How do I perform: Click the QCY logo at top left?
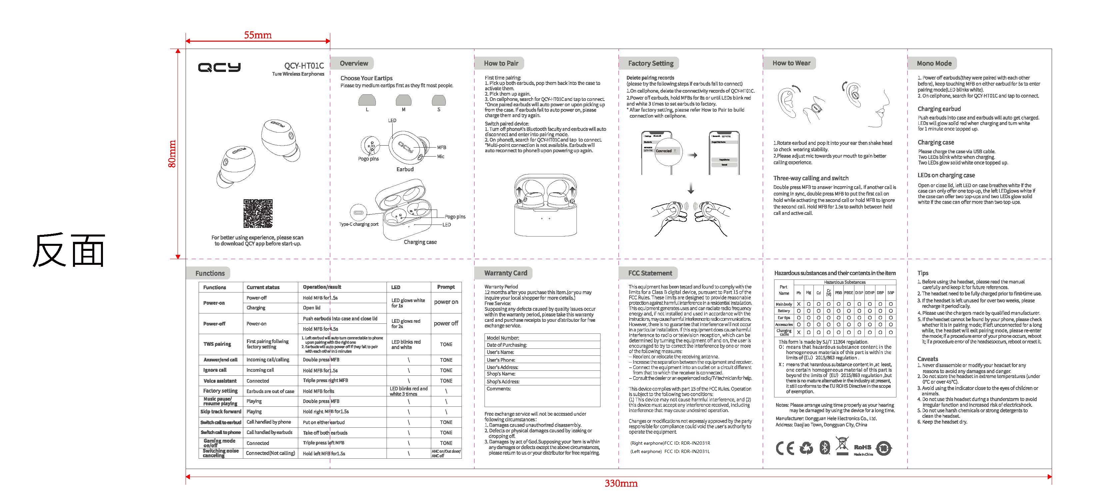click(x=219, y=67)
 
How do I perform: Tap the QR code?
click(x=258, y=214)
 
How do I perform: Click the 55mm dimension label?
click(x=258, y=35)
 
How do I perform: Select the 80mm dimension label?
click(x=172, y=154)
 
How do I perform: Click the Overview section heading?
click(x=354, y=63)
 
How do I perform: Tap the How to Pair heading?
click(x=501, y=63)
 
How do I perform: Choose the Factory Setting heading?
click(x=650, y=63)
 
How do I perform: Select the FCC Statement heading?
click(x=650, y=273)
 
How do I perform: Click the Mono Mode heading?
click(x=934, y=63)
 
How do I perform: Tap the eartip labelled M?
click(x=403, y=101)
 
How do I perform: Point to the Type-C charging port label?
click(x=359, y=224)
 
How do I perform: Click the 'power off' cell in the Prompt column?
click(x=446, y=323)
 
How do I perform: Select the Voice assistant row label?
click(x=220, y=380)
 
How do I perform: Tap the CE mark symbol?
click(x=784, y=448)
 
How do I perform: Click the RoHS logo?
click(x=862, y=447)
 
